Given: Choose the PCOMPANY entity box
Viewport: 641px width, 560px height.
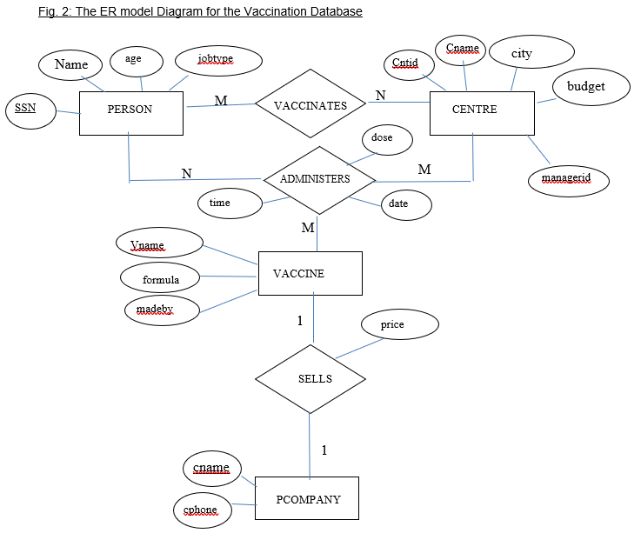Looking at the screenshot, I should [x=306, y=498].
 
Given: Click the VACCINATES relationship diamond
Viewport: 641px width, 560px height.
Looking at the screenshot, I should [x=310, y=104].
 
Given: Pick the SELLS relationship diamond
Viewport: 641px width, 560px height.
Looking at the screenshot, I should [x=311, y=379].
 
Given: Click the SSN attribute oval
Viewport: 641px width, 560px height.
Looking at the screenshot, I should [x=30, y=110].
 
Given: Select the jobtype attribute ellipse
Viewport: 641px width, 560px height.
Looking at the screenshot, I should [x=217, y=60].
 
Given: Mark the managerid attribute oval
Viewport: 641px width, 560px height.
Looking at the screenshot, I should [x=569, y=180].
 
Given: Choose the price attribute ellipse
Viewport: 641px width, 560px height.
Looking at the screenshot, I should [x=399, y=324].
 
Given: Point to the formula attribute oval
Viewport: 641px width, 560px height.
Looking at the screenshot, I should [x=161, y=279].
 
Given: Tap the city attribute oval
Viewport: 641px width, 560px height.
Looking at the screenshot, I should [x=522, y=53].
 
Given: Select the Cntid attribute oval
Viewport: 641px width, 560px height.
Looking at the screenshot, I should [x=405, y=63].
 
